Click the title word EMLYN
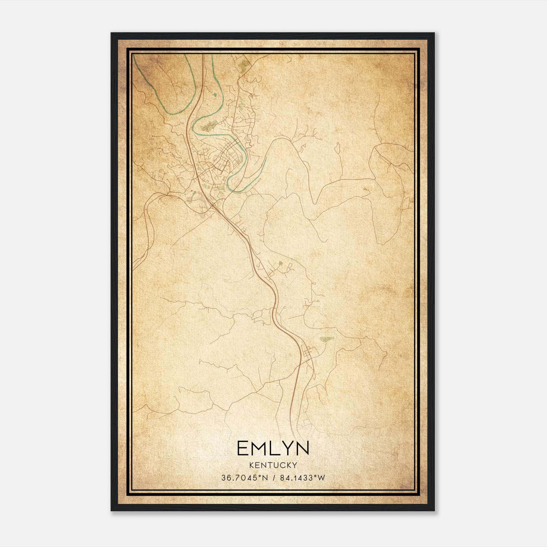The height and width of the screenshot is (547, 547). [273, 448]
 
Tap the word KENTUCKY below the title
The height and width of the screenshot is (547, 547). [273, 465]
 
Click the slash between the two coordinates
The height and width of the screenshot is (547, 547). [273, 478]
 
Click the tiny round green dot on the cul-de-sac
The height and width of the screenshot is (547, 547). [281, 263]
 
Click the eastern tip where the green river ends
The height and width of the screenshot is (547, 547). [266, 159]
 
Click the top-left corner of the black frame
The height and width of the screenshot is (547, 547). [111, 33]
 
